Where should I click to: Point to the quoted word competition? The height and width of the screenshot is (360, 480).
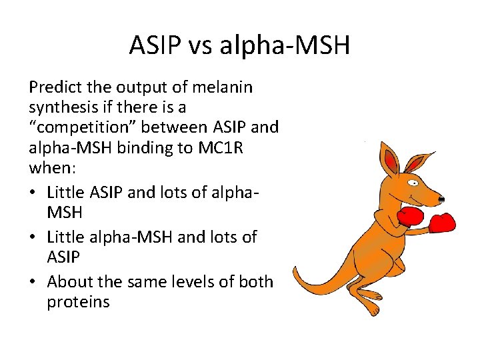click(x=83, y=127)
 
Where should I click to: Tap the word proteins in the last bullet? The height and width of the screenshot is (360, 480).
click(x=78, y=301)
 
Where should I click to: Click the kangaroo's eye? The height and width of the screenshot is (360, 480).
click(x=415, y=181)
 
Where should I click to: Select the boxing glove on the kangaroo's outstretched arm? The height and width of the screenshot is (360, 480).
click(x=441, y=222)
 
